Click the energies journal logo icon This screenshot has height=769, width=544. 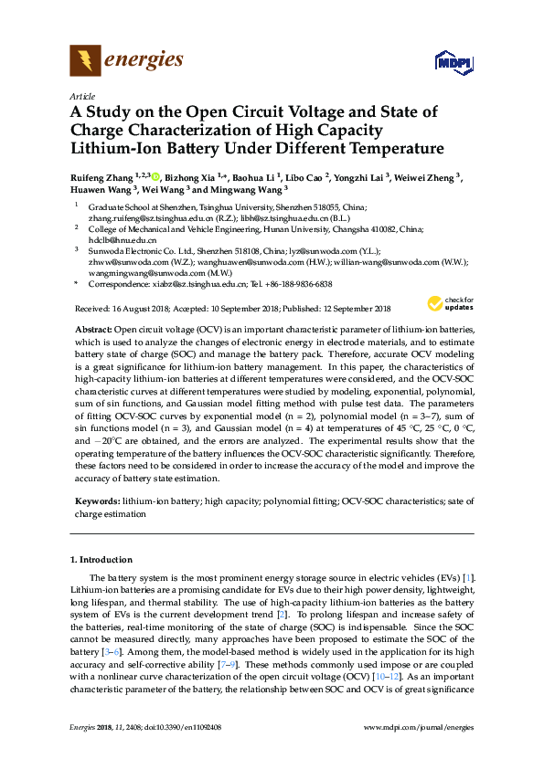(x=86, y=61)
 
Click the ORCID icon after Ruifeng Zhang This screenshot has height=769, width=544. (x=156, y=176)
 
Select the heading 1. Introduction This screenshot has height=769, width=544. (x=101, y=559)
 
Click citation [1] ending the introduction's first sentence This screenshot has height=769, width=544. (x=468, y=579)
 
